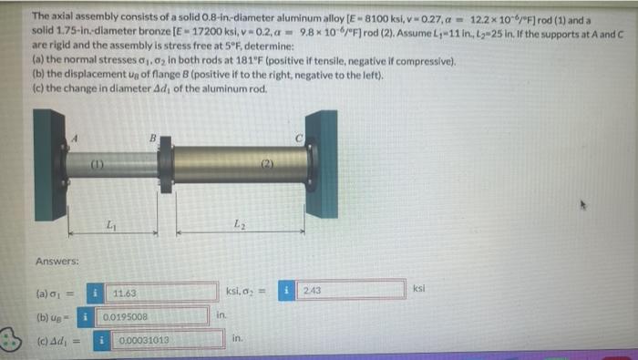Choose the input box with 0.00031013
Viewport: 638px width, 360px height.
click(169, 340)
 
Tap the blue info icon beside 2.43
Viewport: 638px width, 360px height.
click(289, 291)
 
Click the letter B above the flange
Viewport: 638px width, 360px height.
click(154, 136)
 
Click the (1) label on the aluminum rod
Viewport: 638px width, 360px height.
click(98, 164)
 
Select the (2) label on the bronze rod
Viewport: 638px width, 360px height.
click(266, 164)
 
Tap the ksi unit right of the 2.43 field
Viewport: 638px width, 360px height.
click(418, 289)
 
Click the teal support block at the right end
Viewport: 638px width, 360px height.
click(322, 164)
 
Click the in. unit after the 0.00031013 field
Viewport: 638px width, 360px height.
click(235, 339)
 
